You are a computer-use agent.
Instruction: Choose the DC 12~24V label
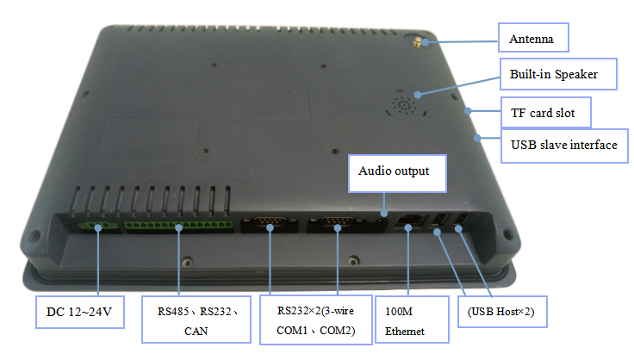pos(78,311)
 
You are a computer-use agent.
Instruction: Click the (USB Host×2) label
pos(499,311)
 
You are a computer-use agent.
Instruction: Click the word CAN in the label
pos(196,328)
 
